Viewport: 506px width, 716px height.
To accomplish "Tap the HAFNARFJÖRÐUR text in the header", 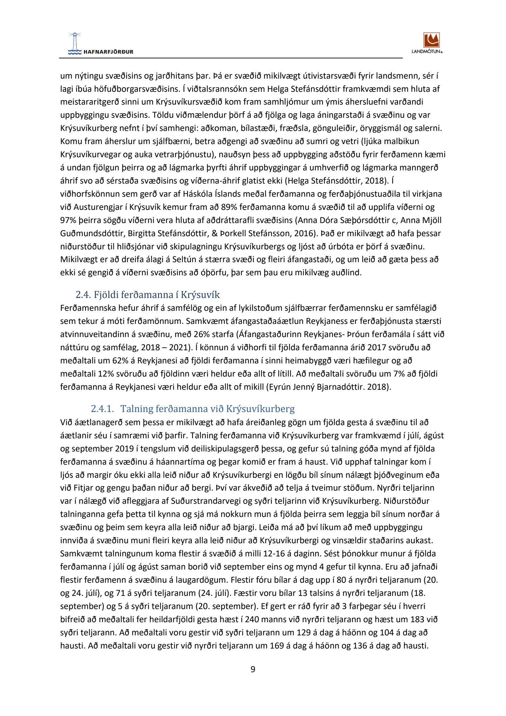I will click(108, 52).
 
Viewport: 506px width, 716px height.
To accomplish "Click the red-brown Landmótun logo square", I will click(431, 40).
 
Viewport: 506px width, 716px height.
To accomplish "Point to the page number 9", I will click(253, 669).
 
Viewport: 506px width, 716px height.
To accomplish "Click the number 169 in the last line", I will click(277, 646).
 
